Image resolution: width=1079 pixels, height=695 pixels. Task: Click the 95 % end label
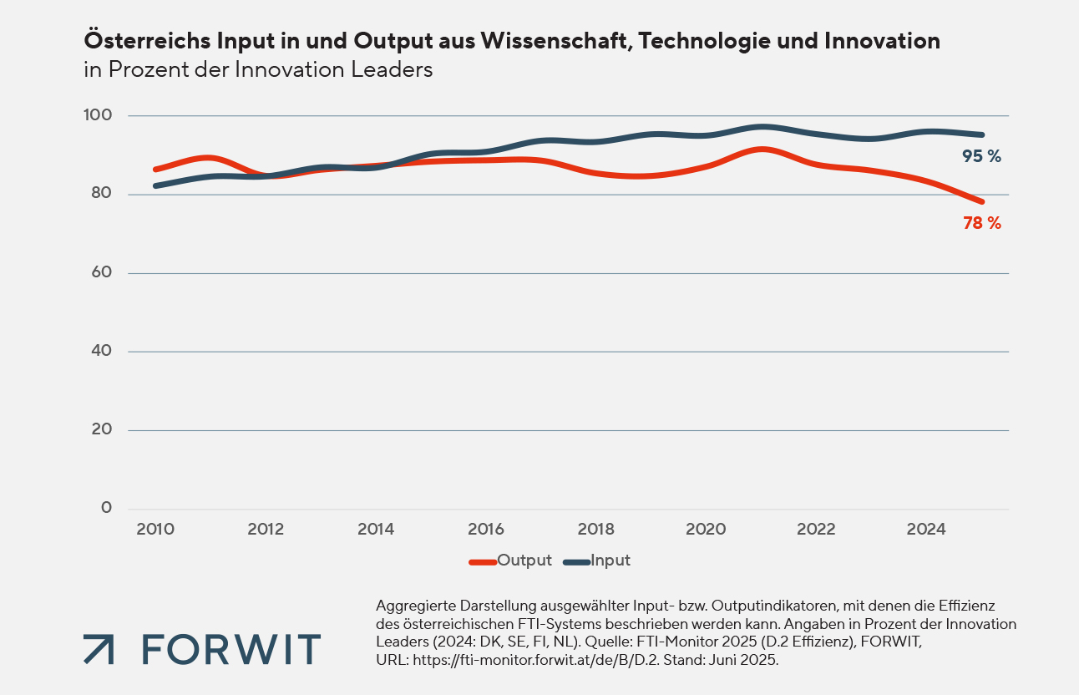pyautogui.click(x=981, y=156)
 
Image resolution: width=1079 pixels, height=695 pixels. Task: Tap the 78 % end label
pyautogui.click(x=981, y=223)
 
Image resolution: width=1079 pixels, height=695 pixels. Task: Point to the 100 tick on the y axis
pyautogui.click(x=100, y=115)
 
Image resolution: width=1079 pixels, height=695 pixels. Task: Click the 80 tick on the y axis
pyautogui.click(x=102, y=194)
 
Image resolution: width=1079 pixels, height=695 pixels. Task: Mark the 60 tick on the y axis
pyautogui.click(x=102, y=272)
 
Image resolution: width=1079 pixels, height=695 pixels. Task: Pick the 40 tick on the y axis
pyautogui.click(x=102, y=351)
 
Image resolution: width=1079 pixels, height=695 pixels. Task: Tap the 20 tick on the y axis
pyautogui.click(x=102, y=429)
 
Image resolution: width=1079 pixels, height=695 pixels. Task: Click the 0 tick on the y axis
pyautogui.click(x=106, y=508)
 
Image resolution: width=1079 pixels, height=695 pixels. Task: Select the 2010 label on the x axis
pyautogui.click(x=155, y=529)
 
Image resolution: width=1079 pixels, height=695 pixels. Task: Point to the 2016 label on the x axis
pyautogui.click(x=485, y=529)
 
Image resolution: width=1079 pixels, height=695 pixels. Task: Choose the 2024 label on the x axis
pyautogui.click(x=926, y=529)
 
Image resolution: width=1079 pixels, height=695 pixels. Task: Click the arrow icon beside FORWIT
pyautogui.click(x=99, y=649)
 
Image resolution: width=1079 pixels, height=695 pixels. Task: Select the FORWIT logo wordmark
pyautogui.click(x=230, y=649)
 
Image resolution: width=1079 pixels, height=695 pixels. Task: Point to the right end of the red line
pyautogui.click(x=982, y=201)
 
